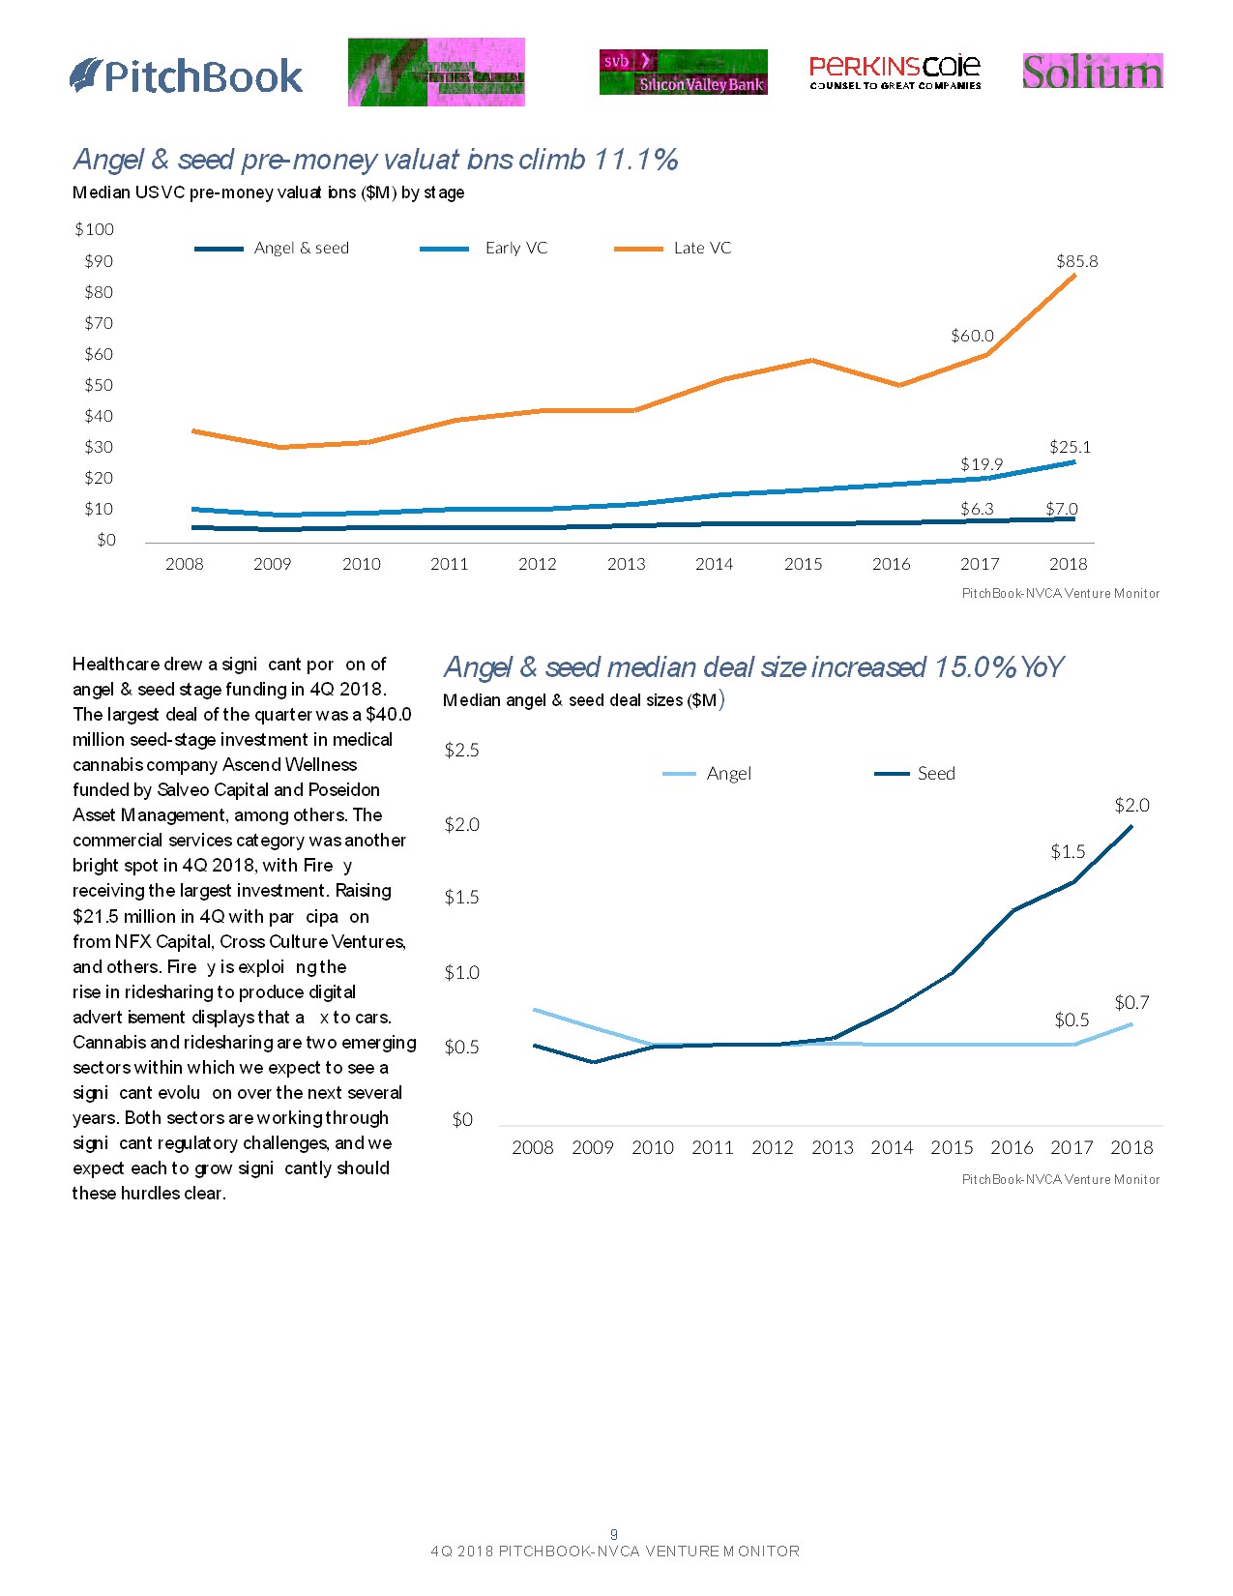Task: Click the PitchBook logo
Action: pyautogui.click(x=187, y=75)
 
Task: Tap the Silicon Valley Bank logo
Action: pyautogui.click(x=683, y=73)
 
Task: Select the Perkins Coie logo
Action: pyautogui.click(x=895, y=72)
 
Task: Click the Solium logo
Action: pyautogui.click(x=1092, y=72)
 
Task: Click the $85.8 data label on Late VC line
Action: pyautogui.click(x=1076, y=261)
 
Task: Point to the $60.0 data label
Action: pyautogui.click(x=972, y=336)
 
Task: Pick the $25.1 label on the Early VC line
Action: pyautogui.click(x=1070, y=447)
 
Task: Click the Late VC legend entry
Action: pyautogui.click(x=702, y=249)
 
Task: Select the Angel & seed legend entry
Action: pyautogui.click(x=301, y=249)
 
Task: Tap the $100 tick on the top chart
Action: pyautogui.click(x=94, y=229)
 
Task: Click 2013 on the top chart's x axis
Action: pyautogui.click(x=626, y=564)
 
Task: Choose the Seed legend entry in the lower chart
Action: pyautogui.click(x=935, y=773)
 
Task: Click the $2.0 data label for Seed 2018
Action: pyautogui.click(x=1131, y=805)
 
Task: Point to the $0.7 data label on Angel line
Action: pyautogui.click(x=1131, y=1002)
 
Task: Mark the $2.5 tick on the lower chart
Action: pyautogui.click(x=461, y=750)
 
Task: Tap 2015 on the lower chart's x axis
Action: pyautogui.click(x=952, y=1147)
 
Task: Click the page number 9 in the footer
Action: pyautogui.click(x=614, y=1534)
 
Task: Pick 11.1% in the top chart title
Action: pyautogui.click(x=635, y=159)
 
